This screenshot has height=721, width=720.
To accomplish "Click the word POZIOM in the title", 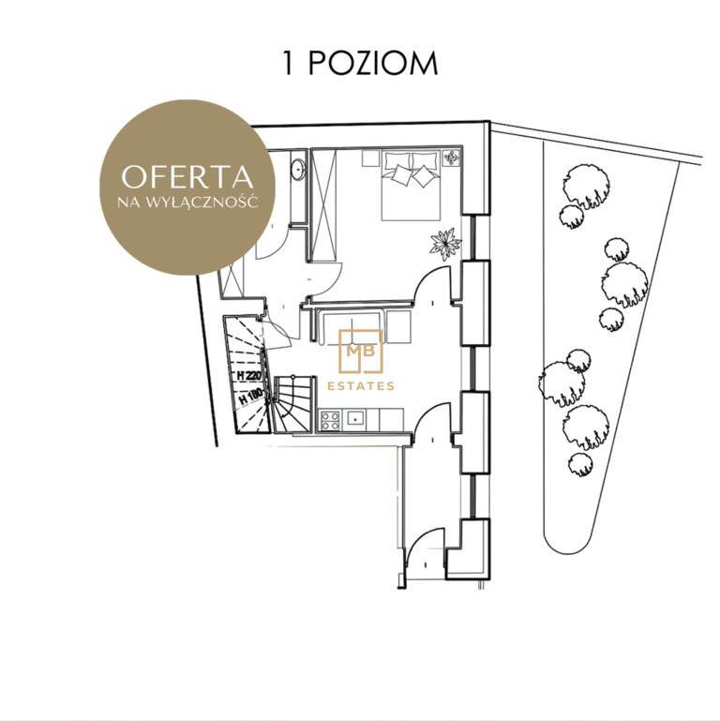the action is (x=372, y=63).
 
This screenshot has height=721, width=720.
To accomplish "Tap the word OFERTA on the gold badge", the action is (x=187, y=177).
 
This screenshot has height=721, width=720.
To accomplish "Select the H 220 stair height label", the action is (x=248, y=376).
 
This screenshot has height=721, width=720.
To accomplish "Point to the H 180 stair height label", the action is (x=250, y=397).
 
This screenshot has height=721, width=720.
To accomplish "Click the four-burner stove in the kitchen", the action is (x=330, y=421).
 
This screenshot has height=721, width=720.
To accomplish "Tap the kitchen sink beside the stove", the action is (x=354, y=419).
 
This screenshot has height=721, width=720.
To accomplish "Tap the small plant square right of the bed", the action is (x=451, y=158).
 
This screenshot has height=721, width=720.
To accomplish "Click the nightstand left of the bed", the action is (x=370, y=158).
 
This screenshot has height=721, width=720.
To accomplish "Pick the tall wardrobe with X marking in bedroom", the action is (x=323, y=205).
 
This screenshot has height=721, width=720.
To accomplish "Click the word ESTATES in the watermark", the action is (x=360, y=386).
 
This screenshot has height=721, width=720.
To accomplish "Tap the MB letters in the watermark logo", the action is (x=360, y=351).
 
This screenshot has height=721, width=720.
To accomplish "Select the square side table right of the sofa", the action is (x=398, y=326).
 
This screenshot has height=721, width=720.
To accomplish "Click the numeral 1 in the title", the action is (x=288, y=63).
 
